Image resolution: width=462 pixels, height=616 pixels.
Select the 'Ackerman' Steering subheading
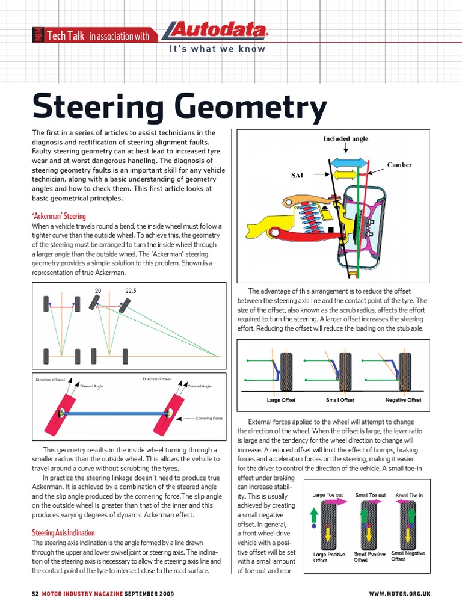point(59,216)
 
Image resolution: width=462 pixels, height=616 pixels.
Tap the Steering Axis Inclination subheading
point(63,533)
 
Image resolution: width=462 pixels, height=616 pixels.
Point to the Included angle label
point(345,138)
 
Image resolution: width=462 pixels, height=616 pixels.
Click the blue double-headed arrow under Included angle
point(348,162)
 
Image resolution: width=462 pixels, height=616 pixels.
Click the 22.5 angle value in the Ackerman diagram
point(131,291)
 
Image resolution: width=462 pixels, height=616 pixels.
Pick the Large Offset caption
point(281,400)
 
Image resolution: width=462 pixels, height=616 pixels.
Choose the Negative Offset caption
point(403,400)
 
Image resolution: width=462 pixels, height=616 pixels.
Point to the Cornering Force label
point(210,417)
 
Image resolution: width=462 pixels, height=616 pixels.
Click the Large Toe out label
point(328,496)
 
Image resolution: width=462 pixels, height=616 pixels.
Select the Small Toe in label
point(409,496)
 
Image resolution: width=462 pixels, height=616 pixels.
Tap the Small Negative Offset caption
point(408,556)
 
